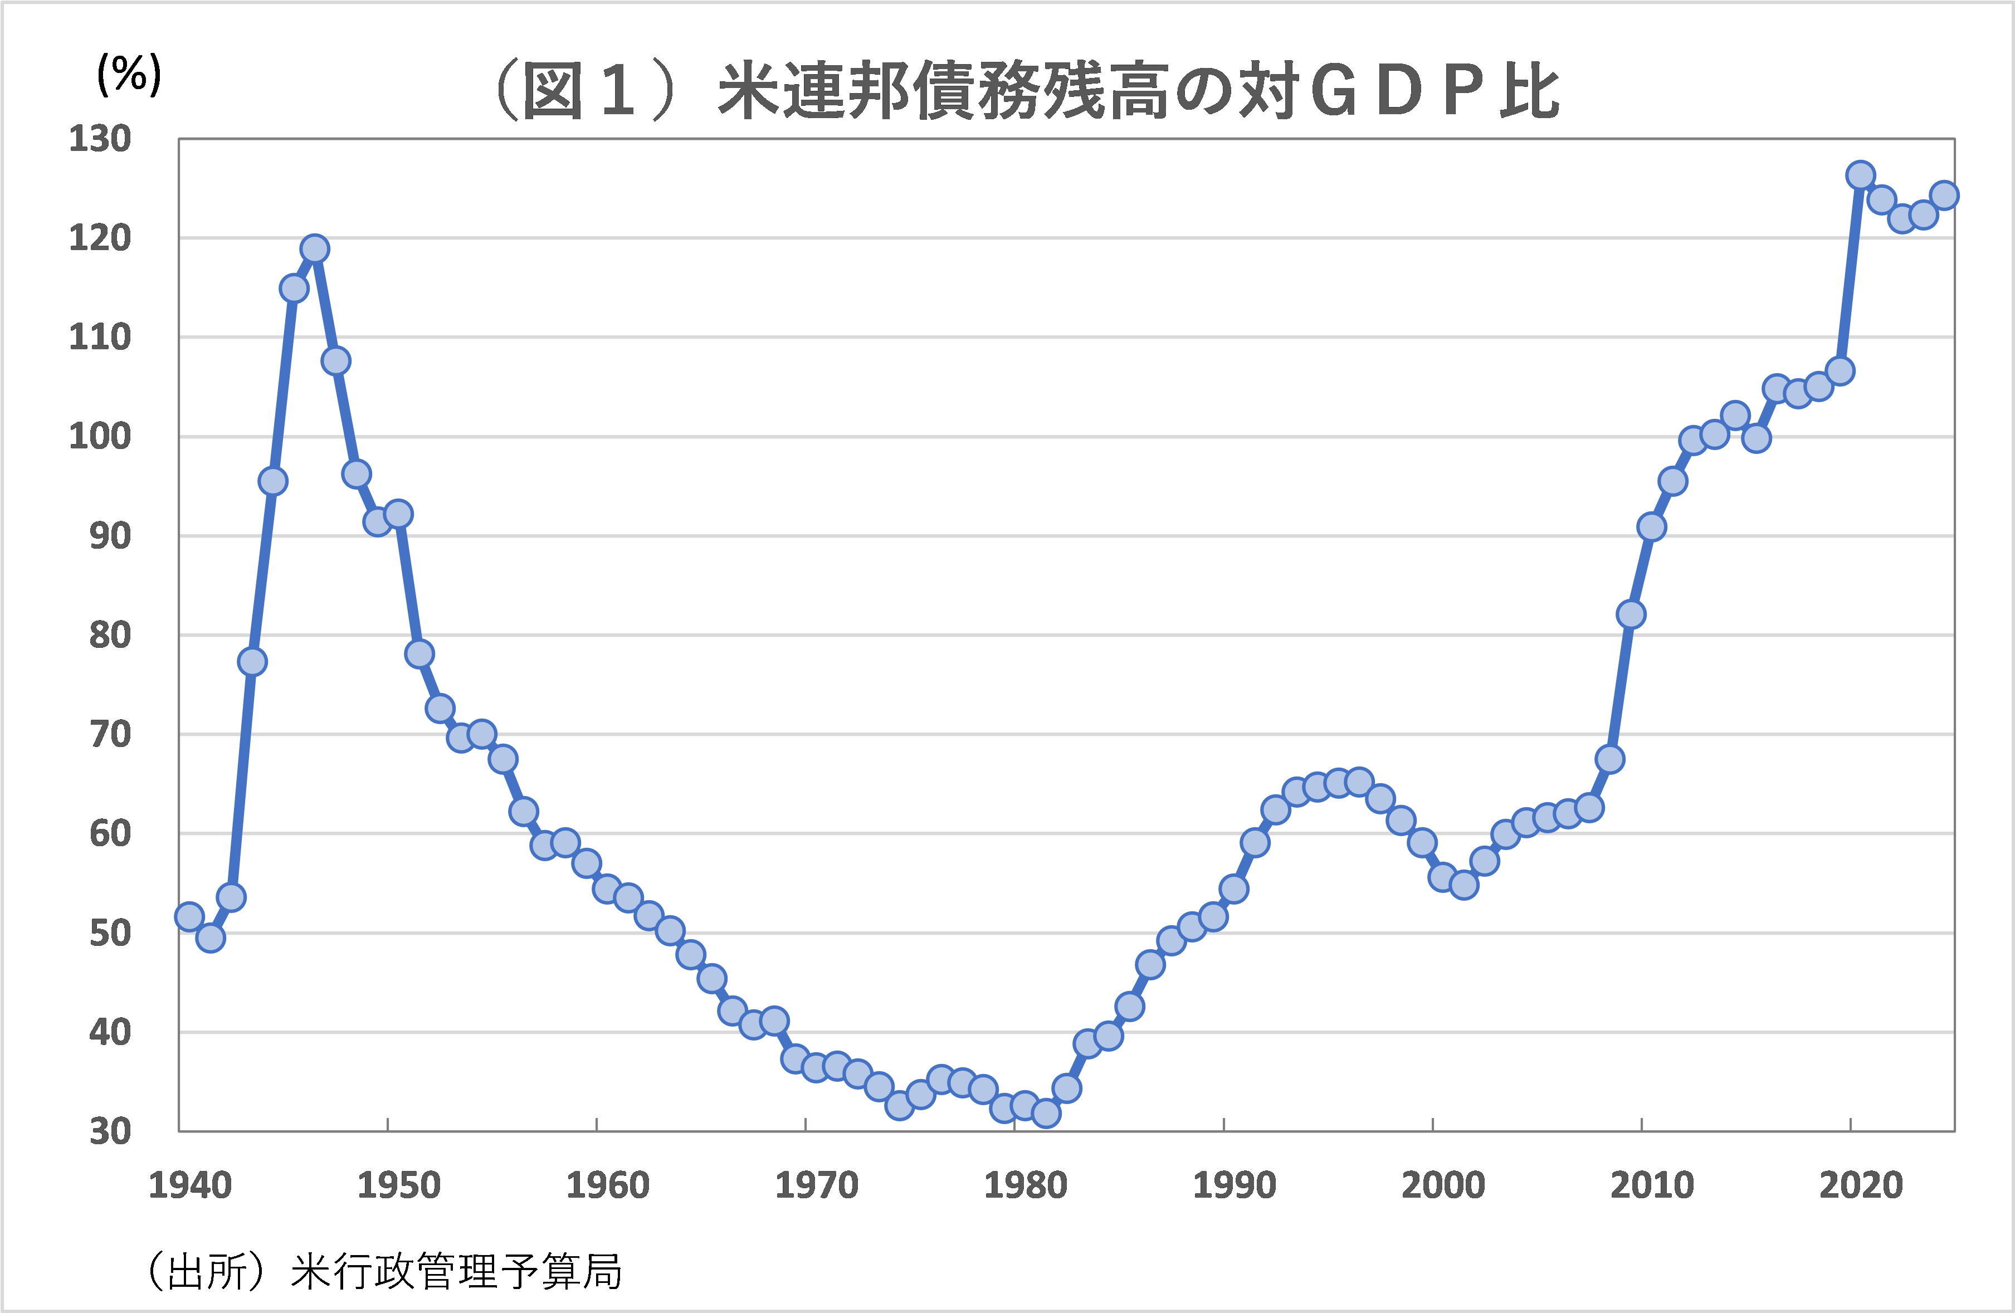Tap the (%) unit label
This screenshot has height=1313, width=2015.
pos(129,75)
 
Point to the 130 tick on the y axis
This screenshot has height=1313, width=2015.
pos(100,139)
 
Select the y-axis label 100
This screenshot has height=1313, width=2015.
pos(100,437)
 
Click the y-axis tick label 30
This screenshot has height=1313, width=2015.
pos(110,1132)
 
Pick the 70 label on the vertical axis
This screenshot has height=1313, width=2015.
pos(110,735)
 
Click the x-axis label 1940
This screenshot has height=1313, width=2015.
pos(189,1185)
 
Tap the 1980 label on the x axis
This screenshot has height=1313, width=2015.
pos(1025,1185)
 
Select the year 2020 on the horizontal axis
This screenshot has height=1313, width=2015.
pos(1861,1185)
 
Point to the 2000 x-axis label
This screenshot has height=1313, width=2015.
pos(1443,1185)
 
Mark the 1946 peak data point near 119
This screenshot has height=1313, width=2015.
pos(314,249)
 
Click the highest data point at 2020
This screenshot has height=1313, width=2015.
pos(1860,175)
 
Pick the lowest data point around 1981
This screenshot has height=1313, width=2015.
pos(1046,1113)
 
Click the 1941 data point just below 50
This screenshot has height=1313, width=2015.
pos(210,937)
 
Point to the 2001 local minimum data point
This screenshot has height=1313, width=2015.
pos(1464,885)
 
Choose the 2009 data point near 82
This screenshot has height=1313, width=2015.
pos(1631,614)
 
